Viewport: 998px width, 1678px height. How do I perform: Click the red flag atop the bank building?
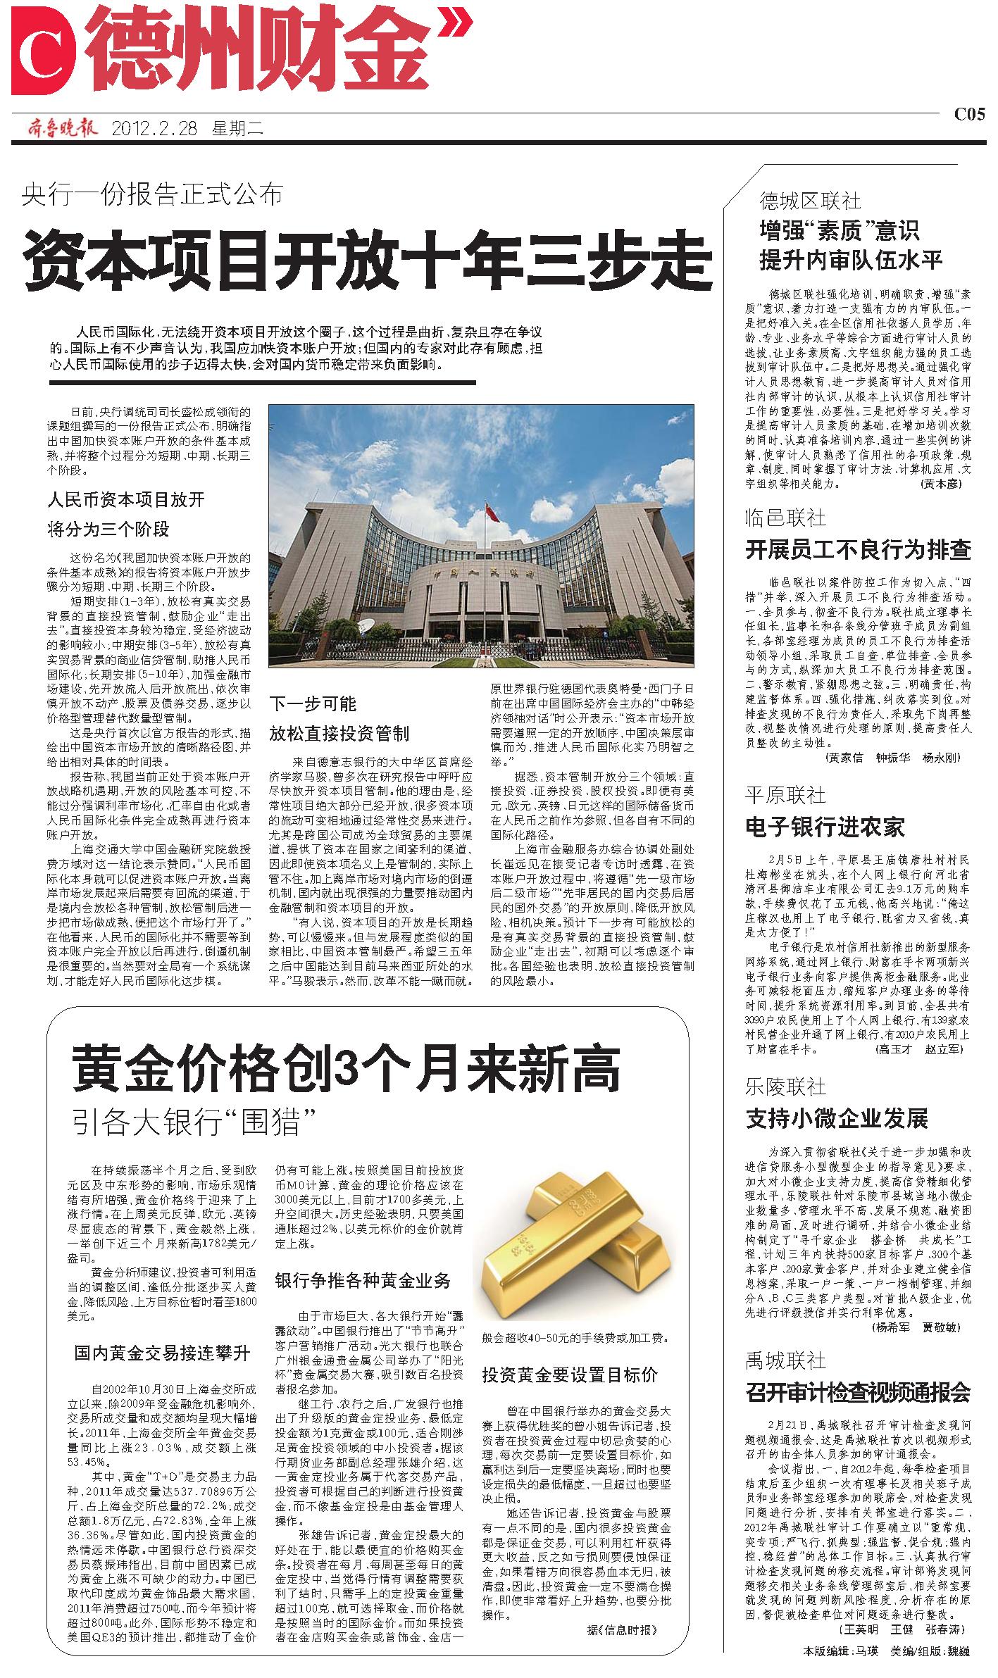pos(493,513)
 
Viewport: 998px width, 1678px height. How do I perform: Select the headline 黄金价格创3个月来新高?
pos(346,1069)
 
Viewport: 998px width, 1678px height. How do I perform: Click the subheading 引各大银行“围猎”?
pos(192,1122)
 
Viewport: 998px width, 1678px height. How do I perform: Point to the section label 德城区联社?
pos(810,201)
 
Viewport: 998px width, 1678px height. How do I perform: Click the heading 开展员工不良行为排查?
pos(858,549)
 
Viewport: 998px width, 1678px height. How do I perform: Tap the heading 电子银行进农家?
pos(825,827)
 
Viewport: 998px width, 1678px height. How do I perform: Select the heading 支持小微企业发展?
pos(837,1118)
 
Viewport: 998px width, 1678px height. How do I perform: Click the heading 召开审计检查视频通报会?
pos(858,1391)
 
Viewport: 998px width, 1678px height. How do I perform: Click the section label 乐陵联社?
pos(785,1087)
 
